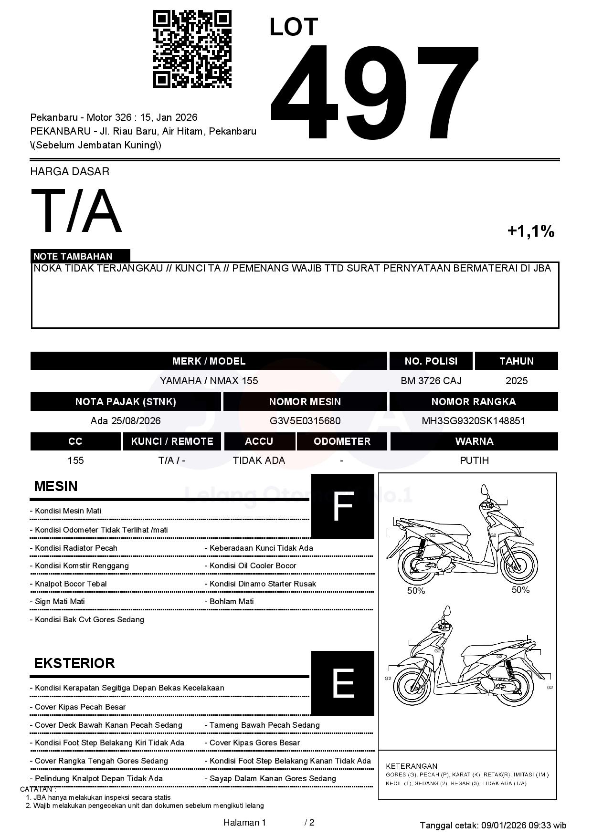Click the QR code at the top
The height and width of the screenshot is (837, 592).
(x=192, y=50)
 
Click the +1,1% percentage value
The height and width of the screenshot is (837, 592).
(x=530, y=231)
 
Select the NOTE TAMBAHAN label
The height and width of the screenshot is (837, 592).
(x=73, y=256)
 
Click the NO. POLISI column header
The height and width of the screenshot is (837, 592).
(x=431, y=361)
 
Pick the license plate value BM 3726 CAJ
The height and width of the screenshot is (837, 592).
(x=431, y=381)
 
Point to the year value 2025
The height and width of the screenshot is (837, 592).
(x=517, y=381)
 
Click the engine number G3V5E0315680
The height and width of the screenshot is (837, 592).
(x=305, y=421)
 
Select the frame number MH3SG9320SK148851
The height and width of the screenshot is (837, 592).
(x=474, y=421)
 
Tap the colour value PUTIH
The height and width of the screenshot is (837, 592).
(x=474, y=460)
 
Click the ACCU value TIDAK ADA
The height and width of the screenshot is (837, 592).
(x=259, y=460)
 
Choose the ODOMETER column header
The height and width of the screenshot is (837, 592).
(x=342, y=441)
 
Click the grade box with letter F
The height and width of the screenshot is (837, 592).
(x=342, y=506)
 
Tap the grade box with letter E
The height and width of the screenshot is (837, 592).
(x=342, y=683)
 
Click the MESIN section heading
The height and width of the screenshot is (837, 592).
(x=56, y=486)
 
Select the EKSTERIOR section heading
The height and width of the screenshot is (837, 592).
(x=74, y=663)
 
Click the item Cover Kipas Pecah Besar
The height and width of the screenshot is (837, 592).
(x=80, y=707)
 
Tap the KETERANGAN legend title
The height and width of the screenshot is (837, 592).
(x=412, y=766)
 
